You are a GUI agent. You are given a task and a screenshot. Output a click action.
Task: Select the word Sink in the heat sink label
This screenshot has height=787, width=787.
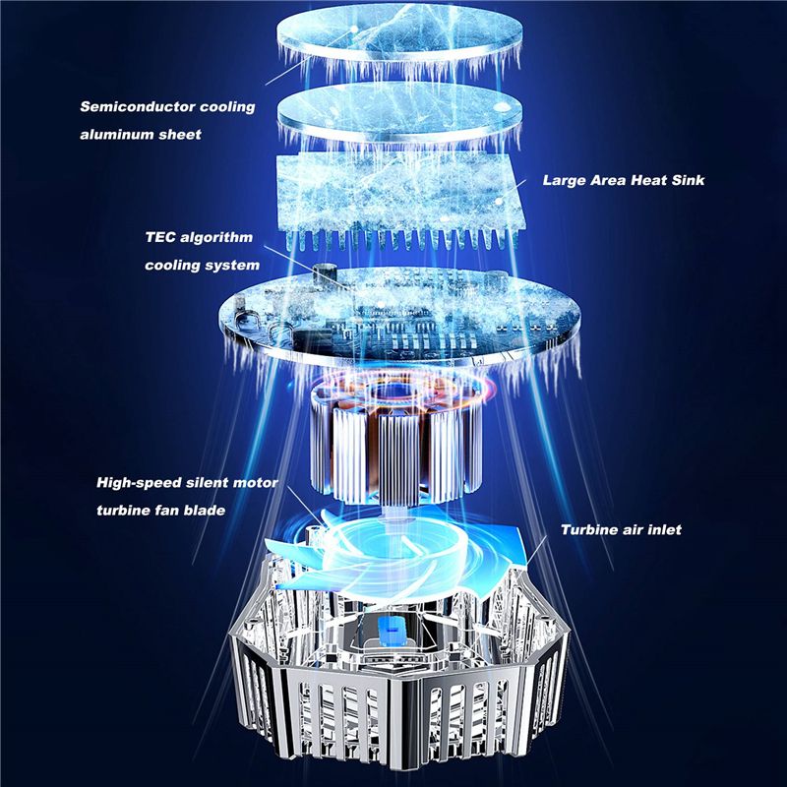tap(687, 180)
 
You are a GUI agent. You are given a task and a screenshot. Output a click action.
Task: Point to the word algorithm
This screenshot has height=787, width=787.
tap(216, 238)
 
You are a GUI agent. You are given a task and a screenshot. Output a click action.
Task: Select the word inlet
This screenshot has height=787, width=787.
tap(664, 530)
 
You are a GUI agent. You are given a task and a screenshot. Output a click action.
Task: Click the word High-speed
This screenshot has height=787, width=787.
tap(139, 483)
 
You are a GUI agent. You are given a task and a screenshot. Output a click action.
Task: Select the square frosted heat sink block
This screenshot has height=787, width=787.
tap(399, 196)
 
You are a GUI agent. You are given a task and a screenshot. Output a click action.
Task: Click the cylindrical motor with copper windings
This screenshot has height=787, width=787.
tap(396, 442)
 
